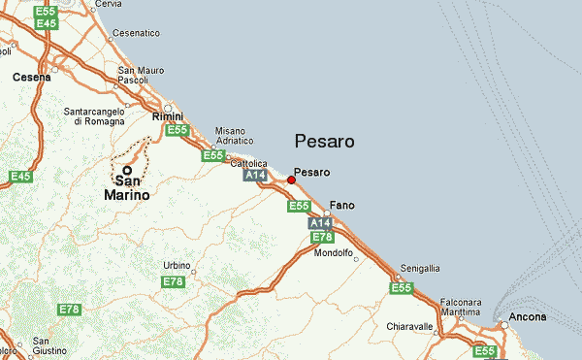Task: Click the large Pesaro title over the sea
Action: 324,142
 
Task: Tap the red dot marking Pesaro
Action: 291,180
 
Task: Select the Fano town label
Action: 342,206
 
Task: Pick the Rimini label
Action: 168,116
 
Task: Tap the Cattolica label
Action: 248,164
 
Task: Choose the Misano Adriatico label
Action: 234,135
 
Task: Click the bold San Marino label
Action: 126,187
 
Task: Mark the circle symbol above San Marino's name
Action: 126,169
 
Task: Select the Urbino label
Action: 177,265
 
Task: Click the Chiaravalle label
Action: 409,326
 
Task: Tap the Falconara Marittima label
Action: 460,308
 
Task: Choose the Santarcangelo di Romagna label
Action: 95,115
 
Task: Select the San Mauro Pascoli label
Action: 140,75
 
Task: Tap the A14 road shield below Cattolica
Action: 254,177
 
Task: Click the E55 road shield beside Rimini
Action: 177,130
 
